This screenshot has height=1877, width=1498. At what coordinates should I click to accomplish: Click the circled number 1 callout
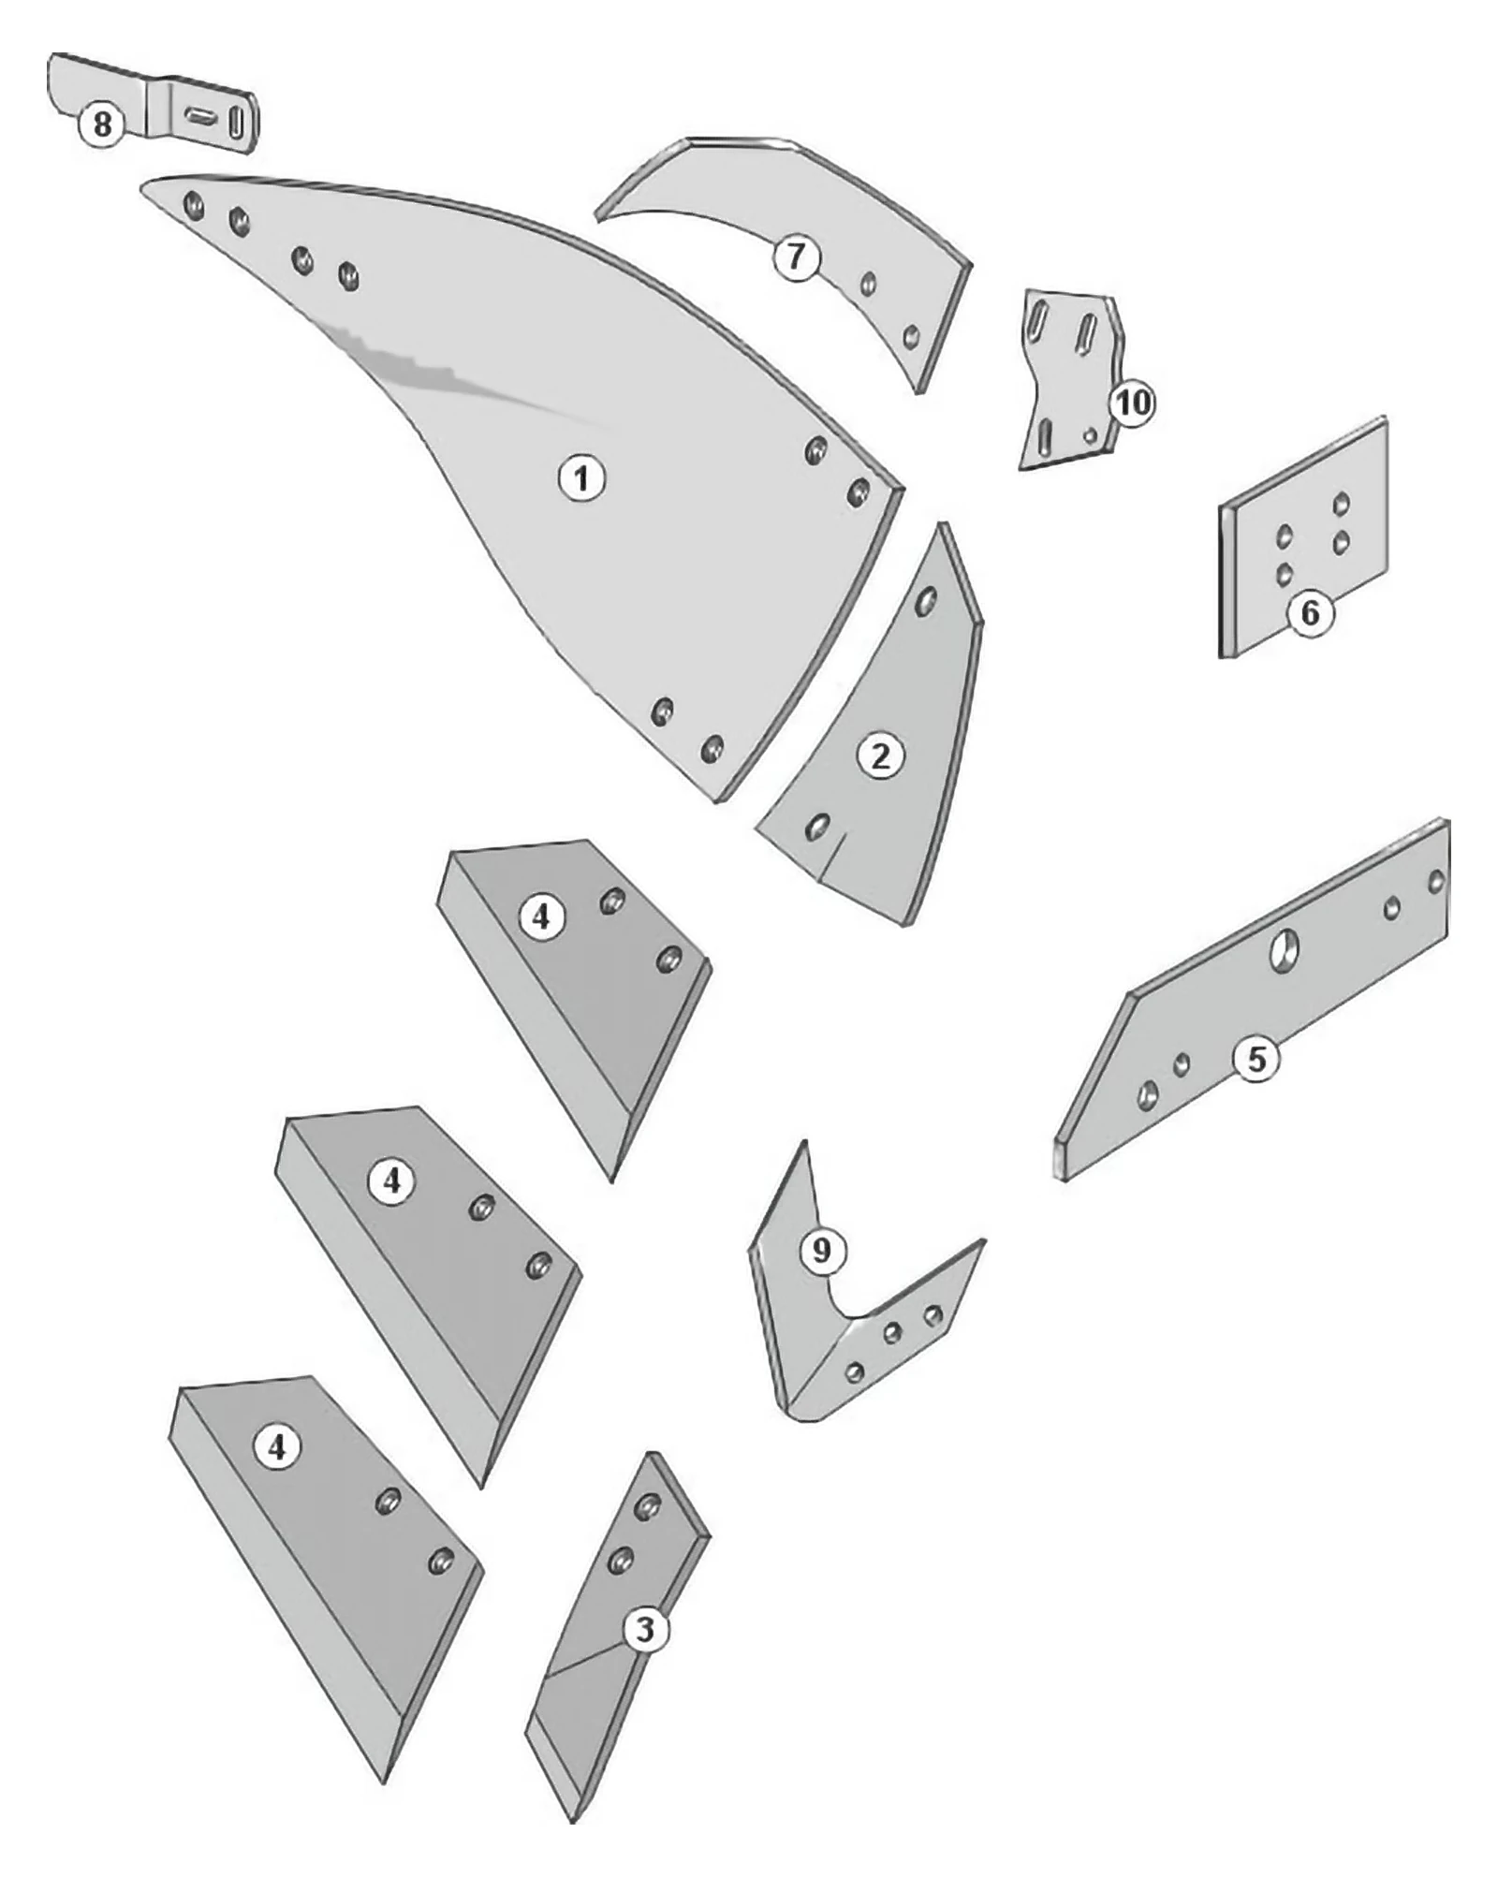pyautogui.click(x=581, y=478)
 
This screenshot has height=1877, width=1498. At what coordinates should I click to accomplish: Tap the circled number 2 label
pyautogui.click(x=880, y=755)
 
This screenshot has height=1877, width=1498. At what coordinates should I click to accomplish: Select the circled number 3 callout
pyautogui.click(x=645, y=1630)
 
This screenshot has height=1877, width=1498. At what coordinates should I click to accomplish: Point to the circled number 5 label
pyautogui.click(x=1256, y=1059)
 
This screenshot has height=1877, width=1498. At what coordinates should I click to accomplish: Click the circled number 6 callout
pyautogui.click(x=1309, y=612)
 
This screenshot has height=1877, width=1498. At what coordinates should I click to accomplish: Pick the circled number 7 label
pyautogui.click(x=796, y=256)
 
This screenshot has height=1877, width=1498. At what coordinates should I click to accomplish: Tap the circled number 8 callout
pyautogui.click(x=101, y=124)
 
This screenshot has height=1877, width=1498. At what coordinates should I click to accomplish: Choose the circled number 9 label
pyautogui.click(x=821, y=1250)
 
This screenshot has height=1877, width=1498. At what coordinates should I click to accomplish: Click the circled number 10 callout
pyautogui.click(x=1132, y=403)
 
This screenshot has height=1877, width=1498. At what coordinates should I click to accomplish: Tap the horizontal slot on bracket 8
pyautogui.click(x=198, y=115)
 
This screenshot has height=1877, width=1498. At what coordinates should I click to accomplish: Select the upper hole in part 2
pyautogui.click(x=926, y=601)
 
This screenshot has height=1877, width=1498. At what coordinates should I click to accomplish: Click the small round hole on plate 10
pyautogui.click(x=1089, y=434)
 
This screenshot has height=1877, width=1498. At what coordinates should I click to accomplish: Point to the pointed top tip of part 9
pyautogui.click(x=803, y=1141)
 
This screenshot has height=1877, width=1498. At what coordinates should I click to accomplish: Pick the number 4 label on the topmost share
pyautogui.click(x=540, y=917)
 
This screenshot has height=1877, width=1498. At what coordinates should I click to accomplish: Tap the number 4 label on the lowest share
pyautogui.click(x=276, y=1447)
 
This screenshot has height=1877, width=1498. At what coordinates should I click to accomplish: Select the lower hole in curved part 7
pyautogui.click(x=909, y=335)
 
